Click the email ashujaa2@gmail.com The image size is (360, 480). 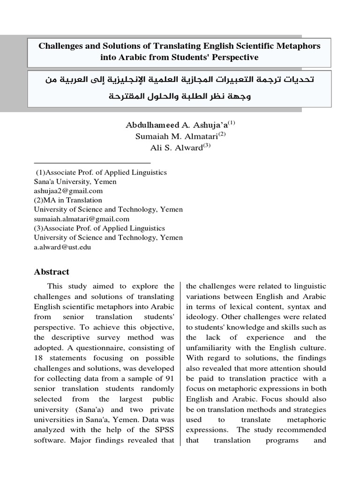point(68,191)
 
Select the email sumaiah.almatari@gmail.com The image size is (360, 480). point(82,219)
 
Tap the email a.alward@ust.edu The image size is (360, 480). point(62,247)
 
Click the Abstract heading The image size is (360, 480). point(52,272)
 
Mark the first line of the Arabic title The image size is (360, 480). point(180,80)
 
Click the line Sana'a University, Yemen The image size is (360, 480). point(75,182)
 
